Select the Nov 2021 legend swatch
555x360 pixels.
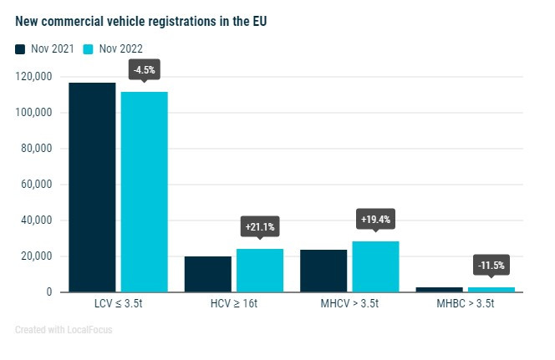21,48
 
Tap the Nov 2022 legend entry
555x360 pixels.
116,48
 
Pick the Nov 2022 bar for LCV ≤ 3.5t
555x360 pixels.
144,191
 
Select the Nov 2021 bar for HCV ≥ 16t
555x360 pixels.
207,274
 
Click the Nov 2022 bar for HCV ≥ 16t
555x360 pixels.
259,270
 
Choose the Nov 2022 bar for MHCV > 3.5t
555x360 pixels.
375,266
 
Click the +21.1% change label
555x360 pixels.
259,226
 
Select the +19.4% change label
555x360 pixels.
375,219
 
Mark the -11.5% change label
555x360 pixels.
491,266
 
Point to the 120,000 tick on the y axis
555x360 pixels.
34,77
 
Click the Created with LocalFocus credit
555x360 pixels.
64,330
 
